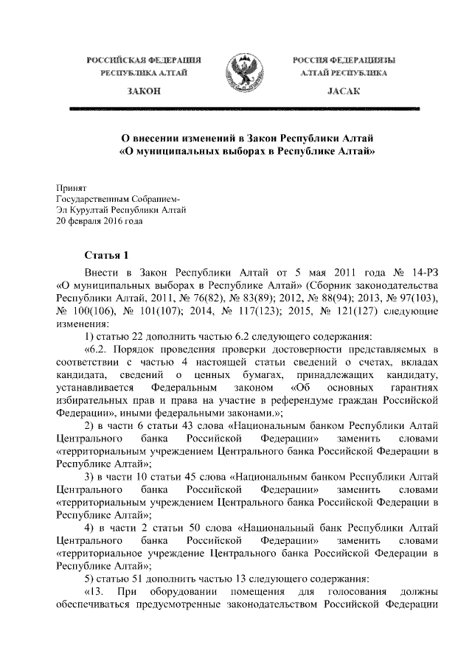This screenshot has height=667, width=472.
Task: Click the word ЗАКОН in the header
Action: click(144, 90)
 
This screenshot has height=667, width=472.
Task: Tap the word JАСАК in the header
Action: click(341, 90)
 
